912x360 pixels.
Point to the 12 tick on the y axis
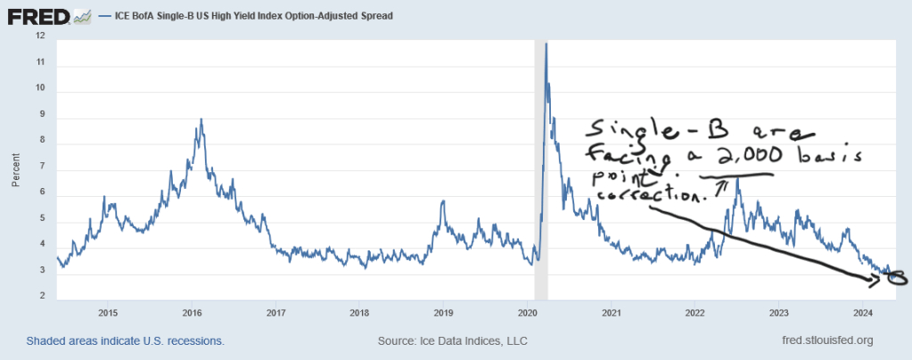(40, 37)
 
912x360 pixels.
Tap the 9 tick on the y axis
(40, 115)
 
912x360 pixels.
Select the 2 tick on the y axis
(40, 297)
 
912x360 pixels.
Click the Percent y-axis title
(15, 168)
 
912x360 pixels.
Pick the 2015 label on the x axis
(108, 313)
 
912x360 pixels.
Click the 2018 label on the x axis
(359, 313)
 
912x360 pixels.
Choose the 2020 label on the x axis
(527, 313)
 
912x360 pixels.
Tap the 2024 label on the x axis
(862, 313)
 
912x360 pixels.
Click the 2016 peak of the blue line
(201, 119)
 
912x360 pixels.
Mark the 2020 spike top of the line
(546, 43)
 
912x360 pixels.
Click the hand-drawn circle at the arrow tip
(895, 279)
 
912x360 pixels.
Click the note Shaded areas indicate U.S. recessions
(126, 340)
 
